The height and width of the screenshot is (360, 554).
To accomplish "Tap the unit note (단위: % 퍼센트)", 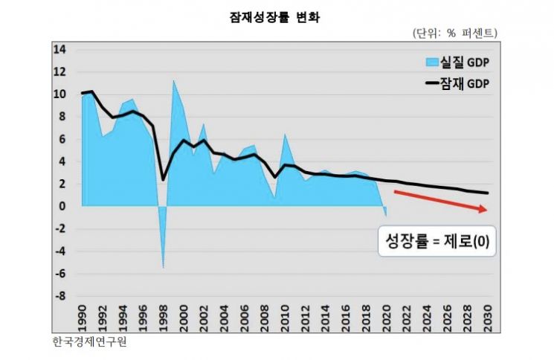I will point(454,33).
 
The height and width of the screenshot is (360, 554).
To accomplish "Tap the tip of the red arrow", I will point(487,211).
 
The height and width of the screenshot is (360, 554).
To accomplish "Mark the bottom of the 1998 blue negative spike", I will point(164,267).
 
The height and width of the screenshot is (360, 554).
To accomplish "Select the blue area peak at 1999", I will point(173,80).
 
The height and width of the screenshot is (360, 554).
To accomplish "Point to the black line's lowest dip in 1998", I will point(164,179).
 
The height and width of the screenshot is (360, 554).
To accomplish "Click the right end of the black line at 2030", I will point(488,193).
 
